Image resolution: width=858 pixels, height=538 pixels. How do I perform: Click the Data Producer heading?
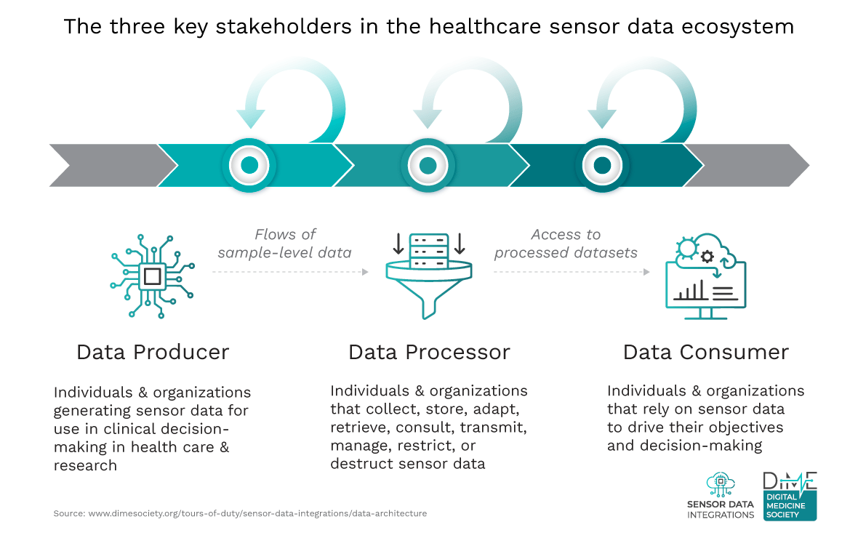click(153, 352)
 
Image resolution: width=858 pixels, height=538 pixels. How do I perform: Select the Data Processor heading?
click(429, 352)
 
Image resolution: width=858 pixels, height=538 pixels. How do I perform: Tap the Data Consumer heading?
click(706, 352)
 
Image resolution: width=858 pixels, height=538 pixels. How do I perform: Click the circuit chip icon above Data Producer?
click(152, 276)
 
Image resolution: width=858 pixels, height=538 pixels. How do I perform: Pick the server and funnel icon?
click(429, 276)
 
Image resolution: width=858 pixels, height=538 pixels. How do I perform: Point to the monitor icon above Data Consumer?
click(706, 276)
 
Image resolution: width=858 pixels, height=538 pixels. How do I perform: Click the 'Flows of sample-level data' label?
click(284, 244)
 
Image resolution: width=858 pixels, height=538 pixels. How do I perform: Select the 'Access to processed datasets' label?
click(566, 244)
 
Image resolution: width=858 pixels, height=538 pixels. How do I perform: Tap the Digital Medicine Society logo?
click(790, 496)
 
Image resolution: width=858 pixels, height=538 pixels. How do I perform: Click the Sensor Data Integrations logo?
click(721, 496)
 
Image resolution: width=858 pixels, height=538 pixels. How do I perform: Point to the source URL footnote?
click(240, 513)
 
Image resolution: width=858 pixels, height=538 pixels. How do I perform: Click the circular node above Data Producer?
click(249, 165)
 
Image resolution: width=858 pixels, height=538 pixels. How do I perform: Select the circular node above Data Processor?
click(428, 165)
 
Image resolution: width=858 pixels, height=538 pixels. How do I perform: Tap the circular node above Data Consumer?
click(602, 165)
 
